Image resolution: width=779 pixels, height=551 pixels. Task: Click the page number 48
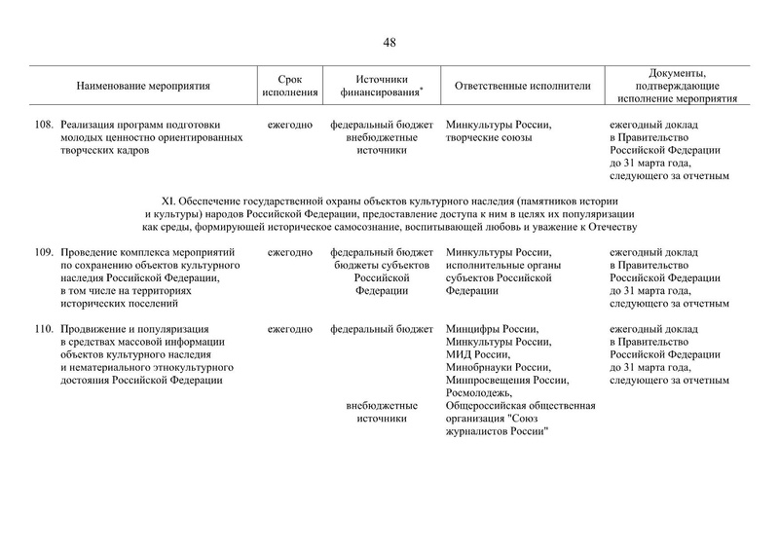pos(389,42)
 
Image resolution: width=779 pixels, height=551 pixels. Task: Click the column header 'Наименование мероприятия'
pos(143,86)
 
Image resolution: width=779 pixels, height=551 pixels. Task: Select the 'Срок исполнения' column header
pos(289,86)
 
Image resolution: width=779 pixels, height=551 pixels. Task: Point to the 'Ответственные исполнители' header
pos(523,86)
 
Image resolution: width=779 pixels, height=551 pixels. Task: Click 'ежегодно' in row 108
pos(289,125)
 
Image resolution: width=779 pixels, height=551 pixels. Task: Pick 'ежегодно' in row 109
pos(289,252)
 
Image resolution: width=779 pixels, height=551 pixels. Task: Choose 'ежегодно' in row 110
pos(289,329)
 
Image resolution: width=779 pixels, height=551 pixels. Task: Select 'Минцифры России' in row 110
pos(491,329)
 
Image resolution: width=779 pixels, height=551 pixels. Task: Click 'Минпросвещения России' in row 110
pos(505,380)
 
